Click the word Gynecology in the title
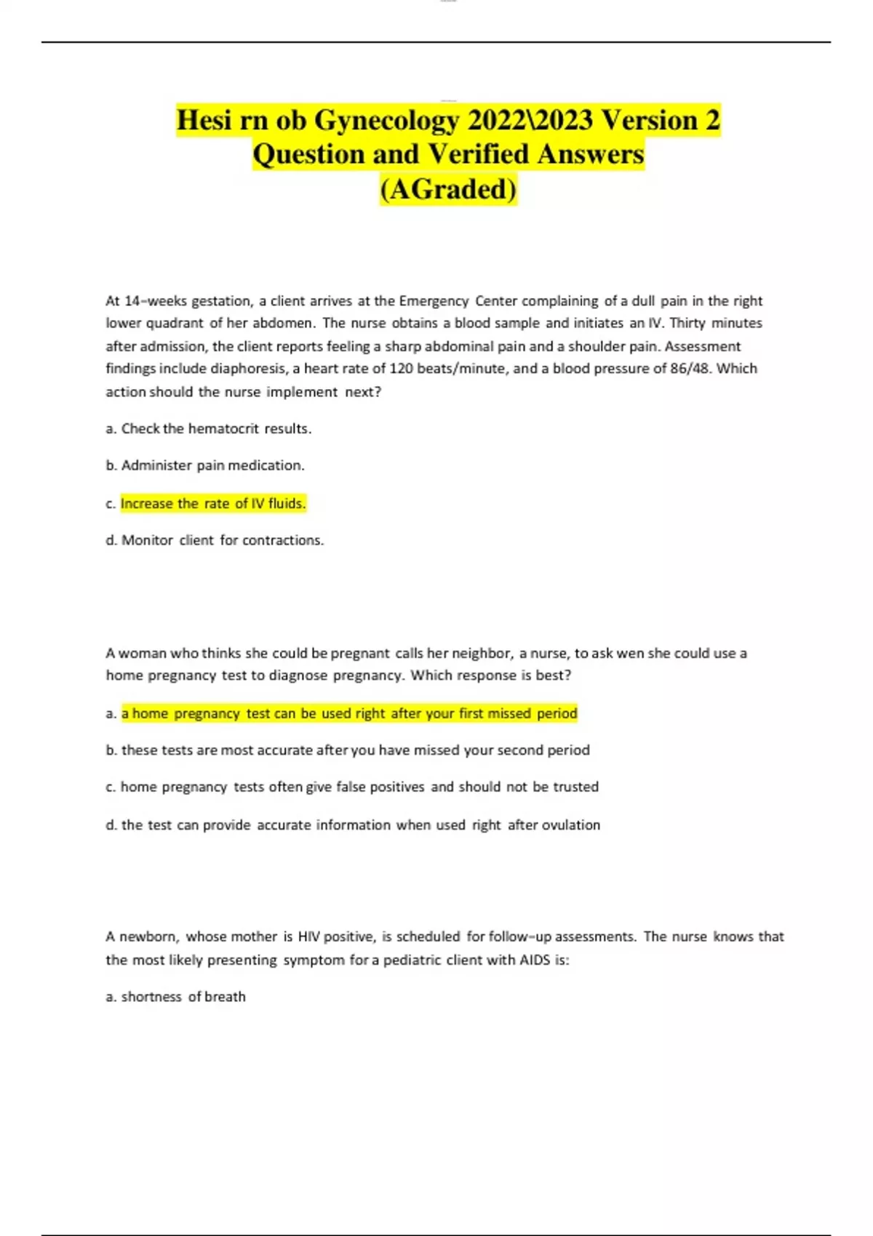pos(386,121)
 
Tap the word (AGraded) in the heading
pos(448,190)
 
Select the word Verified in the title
pos(478,155)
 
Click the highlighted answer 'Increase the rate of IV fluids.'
pos(213,503)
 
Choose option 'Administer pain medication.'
pos(212,465)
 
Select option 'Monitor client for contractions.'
pos(222,540)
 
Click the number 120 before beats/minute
pos(401,369)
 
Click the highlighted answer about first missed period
pos(349,713)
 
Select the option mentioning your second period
pos(355,750)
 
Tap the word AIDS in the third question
pos(534,960)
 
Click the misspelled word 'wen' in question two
pos(630,653)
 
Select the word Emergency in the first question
pos(434,301)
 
